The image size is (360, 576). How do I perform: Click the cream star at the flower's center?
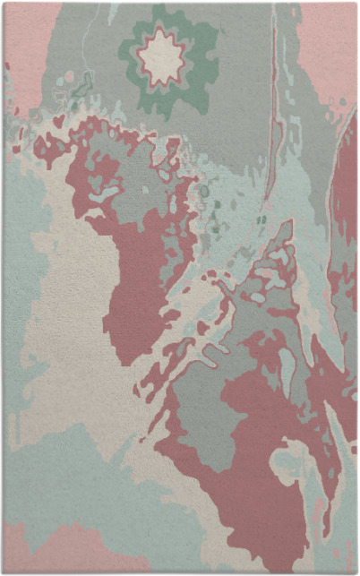162,56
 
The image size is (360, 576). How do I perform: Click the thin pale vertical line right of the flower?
270,134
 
